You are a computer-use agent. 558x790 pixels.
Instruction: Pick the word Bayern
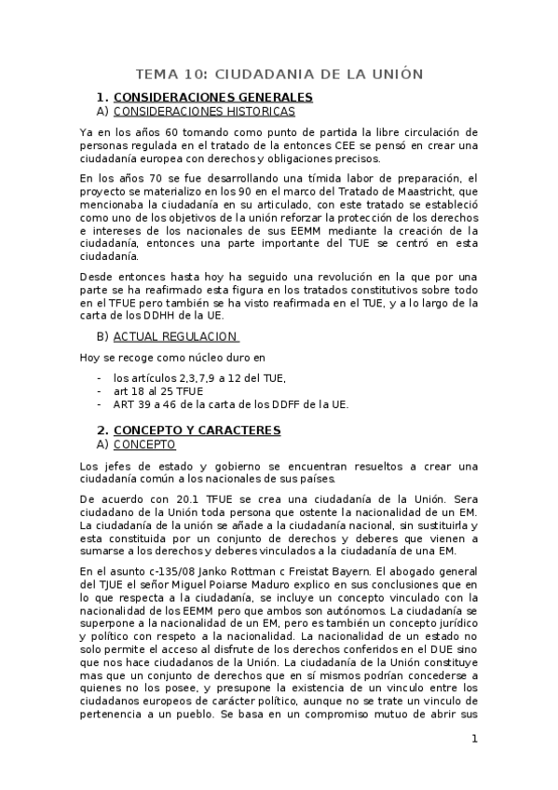click(x=364, y=570)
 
